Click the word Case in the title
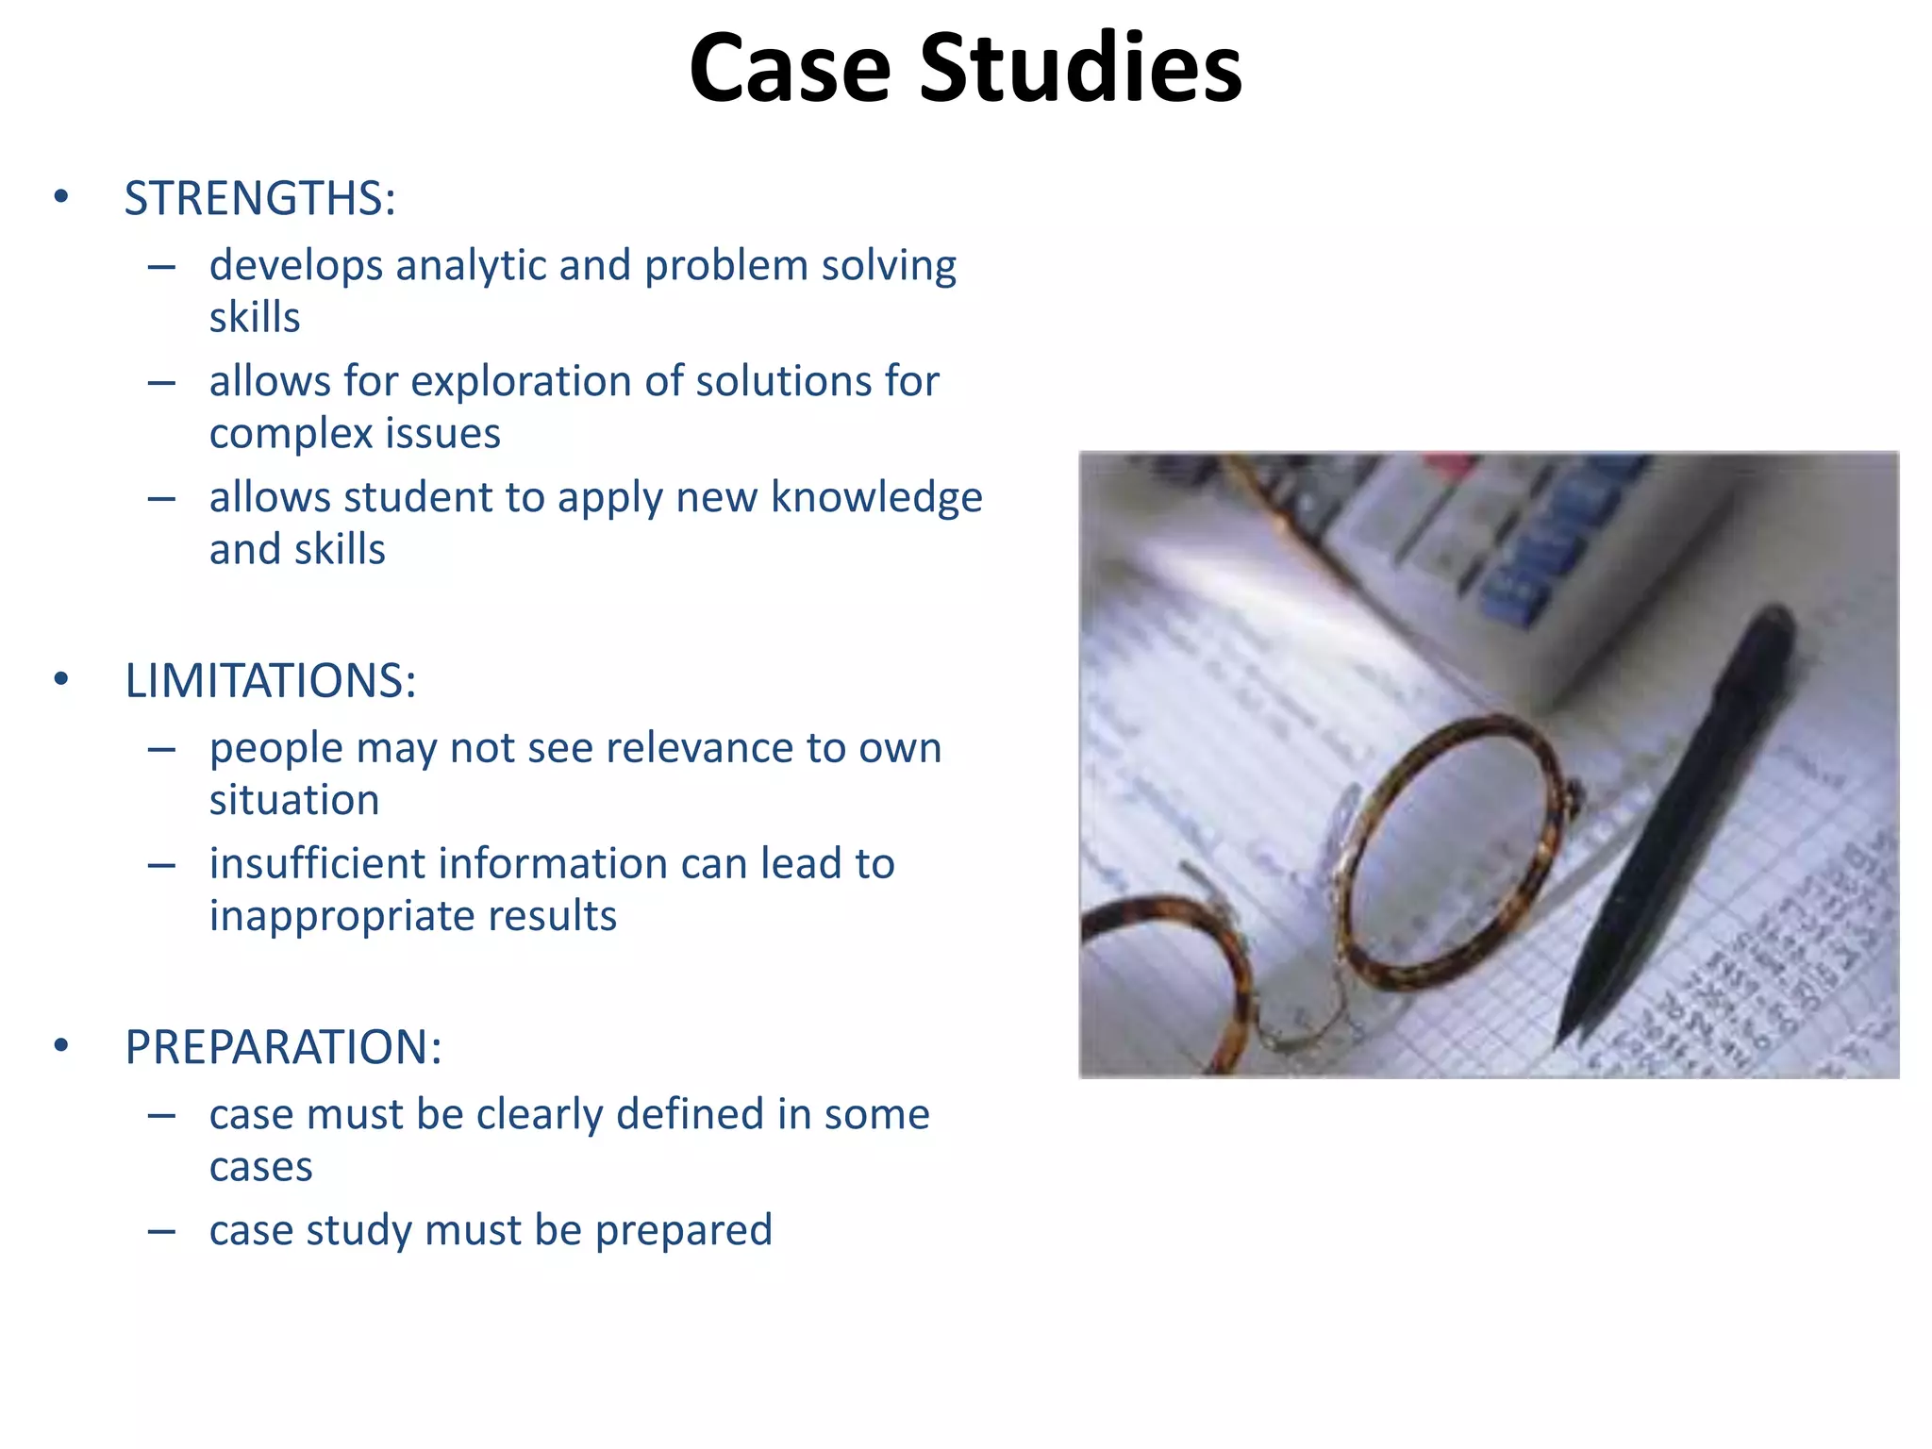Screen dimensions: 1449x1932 click(x=790, y=68)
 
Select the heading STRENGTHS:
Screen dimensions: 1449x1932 click(x=259, y=199)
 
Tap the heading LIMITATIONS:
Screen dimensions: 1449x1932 click(x=270, y=681)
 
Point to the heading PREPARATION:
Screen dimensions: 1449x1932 click(x=283, y=1047)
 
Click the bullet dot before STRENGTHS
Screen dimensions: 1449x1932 click(x=61, y=197)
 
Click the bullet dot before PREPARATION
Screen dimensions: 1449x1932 click(x=61, y=1045)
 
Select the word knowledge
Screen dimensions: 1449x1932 click(x=876, y=498)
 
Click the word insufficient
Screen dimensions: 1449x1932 click(x=316, y=864)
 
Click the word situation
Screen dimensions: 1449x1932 click(x=294, y=801)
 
